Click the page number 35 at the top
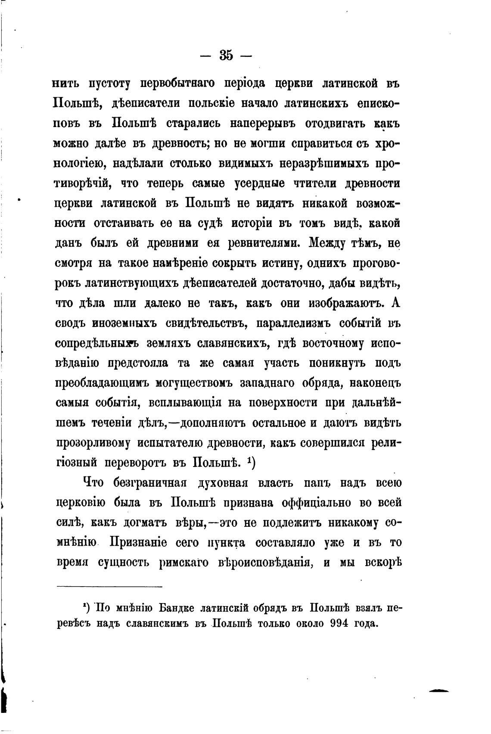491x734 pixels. click(226, 56)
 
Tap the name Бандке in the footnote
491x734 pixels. click(173, 608)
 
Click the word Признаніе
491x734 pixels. click(138, 543)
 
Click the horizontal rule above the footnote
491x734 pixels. click(109, 587)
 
